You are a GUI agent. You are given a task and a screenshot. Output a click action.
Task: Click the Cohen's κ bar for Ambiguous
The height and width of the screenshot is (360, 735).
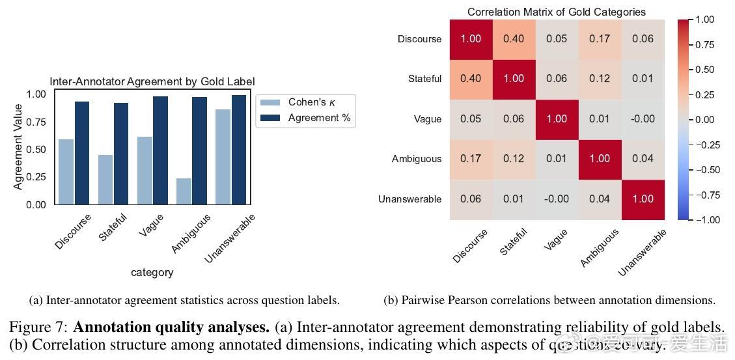tap(184, 191)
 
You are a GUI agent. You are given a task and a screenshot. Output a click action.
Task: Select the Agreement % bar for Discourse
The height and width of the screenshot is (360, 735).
tap(82, 153)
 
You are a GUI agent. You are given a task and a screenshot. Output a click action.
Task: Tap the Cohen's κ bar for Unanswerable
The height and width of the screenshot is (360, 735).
tap(223, 157)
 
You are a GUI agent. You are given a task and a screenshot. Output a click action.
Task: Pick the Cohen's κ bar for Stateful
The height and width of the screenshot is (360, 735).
tap(105, 180)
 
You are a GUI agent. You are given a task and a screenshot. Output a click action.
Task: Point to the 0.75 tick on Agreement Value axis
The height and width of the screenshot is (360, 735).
tap(36, 122)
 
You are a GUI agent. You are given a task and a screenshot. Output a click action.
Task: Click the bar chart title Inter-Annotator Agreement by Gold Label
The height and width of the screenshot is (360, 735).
tap(152, 81)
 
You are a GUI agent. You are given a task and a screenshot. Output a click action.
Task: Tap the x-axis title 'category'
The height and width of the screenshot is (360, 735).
tap(152, 272)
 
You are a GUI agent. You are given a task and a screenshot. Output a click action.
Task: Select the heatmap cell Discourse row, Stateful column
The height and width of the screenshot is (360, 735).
tap(514, 39)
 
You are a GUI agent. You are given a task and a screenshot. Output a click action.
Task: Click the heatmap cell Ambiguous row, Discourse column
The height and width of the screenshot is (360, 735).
tap(471, 159)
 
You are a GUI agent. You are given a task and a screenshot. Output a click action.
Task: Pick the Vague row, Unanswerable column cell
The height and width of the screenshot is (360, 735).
tap(643, 119)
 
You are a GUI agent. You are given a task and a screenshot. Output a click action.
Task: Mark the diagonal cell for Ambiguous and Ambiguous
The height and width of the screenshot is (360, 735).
tap(600, 159)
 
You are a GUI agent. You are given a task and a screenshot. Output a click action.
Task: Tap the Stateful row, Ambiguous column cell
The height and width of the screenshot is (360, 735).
tap(600, 79)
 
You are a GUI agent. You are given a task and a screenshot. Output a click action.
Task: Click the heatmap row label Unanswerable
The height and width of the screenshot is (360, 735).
tap(409, 199)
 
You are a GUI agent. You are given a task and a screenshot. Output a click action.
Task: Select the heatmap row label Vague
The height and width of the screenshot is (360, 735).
tap(427, 119)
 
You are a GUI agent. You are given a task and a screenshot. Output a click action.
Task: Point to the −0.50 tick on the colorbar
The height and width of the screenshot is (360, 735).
tap(704, 170)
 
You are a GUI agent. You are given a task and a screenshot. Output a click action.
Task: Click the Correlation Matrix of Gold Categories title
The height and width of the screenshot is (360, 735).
tap(557, 12)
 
